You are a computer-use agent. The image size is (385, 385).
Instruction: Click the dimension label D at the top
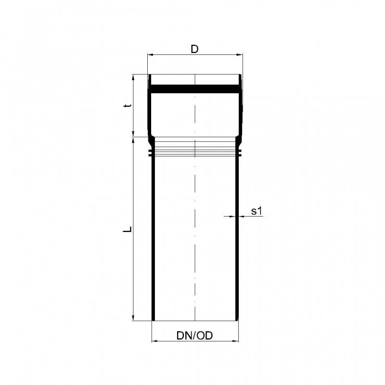coord(194,49)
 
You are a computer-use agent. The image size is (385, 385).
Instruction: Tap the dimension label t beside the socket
coord(127,106)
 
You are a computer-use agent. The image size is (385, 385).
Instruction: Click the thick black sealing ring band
coord(194,89)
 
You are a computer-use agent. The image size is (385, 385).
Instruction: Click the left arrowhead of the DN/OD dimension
coord(154,341)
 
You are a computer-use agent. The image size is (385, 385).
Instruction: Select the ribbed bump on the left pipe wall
coord(151,153)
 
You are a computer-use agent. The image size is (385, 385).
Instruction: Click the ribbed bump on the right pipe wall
coord(239,153)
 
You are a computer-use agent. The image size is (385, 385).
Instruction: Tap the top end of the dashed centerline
coord(194,76)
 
